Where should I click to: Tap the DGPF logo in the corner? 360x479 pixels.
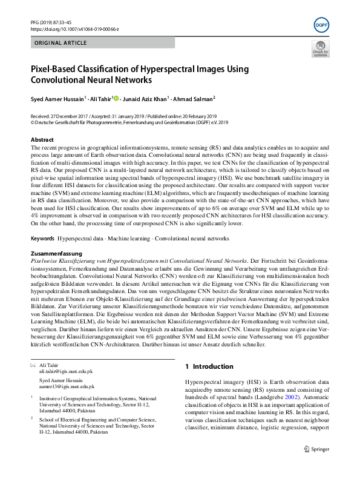pos(320,25)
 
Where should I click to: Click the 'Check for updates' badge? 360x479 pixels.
pos(320,49)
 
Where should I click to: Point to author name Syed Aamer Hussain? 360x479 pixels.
pos(57,99)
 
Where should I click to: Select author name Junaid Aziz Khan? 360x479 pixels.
pos(145,99)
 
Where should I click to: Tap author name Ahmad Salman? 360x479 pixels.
pos(192,99)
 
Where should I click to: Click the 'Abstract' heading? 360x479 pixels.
pos(42,140)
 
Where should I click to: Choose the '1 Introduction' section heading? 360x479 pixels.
pos(209,366)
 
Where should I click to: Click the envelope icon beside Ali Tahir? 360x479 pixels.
pos(33,365)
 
